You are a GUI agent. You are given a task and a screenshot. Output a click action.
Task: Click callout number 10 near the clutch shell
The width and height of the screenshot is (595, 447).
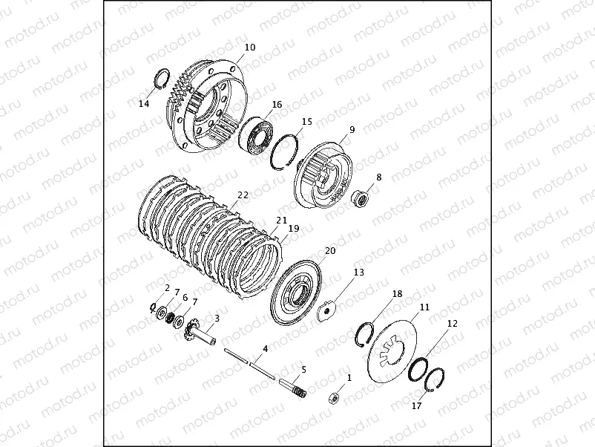[x=250, y=48]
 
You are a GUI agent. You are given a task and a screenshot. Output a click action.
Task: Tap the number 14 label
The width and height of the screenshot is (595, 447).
[x=144, y=103]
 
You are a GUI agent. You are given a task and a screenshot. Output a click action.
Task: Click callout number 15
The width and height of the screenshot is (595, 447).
[x=307, y=122]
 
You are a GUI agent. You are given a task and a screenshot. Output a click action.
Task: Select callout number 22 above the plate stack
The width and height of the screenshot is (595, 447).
[x=243, y=195]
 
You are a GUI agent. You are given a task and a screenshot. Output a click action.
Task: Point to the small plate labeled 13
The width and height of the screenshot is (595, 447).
[x=326, y=310]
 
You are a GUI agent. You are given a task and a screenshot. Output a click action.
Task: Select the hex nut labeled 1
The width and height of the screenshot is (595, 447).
[x=334, y=399]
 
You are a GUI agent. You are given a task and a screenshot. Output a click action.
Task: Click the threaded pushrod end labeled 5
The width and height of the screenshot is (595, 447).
[x=292, y=388]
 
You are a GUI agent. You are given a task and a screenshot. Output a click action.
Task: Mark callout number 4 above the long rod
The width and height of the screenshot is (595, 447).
[x=266, y=349]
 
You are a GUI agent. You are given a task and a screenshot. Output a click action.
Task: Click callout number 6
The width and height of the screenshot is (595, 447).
[x=185, y=297]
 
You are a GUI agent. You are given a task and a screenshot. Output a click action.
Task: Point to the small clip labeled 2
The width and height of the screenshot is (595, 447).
[x=152, y=307]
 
